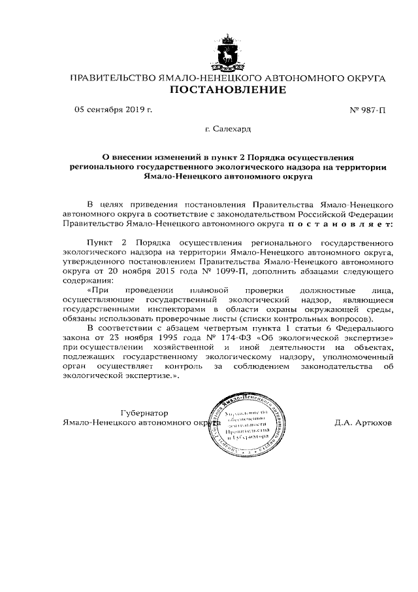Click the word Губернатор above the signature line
click(144, 413)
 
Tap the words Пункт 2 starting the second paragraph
click(105, 242)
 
